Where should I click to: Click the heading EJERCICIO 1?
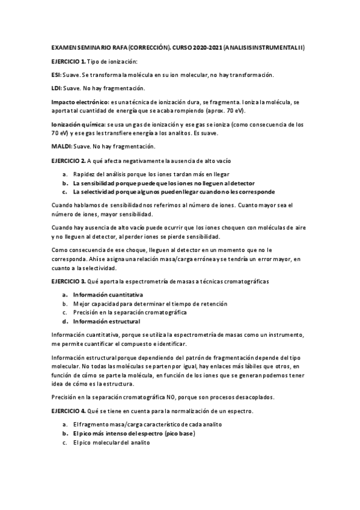tap(69, 62)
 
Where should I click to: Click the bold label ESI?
tap(57, 75)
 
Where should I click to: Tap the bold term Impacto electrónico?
tap(79, 102)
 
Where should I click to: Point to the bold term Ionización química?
tap(79, 124)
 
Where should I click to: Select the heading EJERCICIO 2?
tap(69, 161)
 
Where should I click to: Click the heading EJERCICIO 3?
tap(69, 281)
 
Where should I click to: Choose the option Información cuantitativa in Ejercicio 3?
tap(108, 295)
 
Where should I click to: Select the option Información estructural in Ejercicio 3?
tap(106, 321)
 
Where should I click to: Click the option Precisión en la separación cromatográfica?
tap(130, 313)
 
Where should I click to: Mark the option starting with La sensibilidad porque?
tap(163, 183)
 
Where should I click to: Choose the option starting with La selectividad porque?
tap(174, 192)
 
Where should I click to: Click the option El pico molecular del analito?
tap(111, 443)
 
